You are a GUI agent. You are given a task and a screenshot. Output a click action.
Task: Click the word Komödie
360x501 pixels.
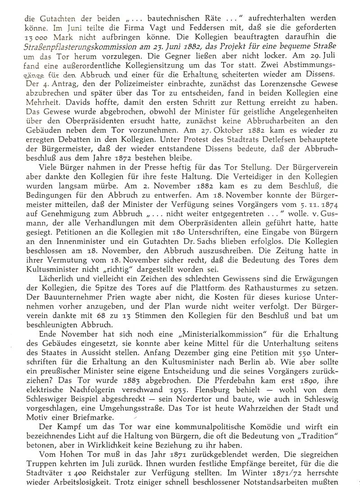[256, 427]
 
